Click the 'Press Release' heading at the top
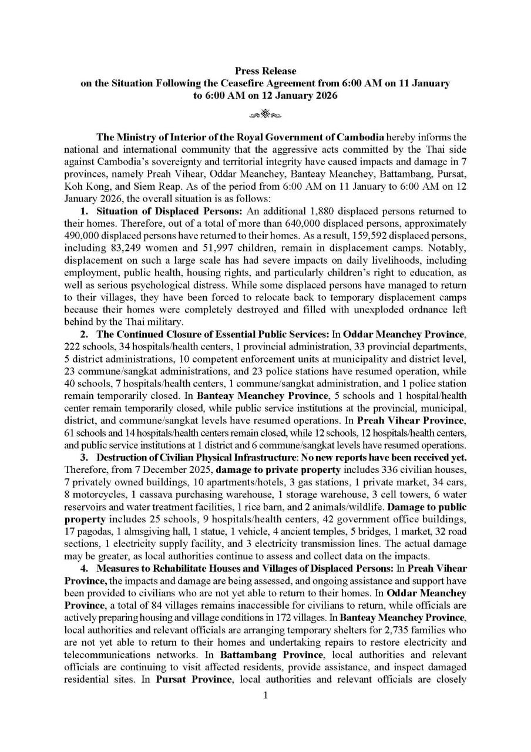tap(265, 71)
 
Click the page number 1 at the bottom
tap(265, 696)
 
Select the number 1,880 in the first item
tap(320, 211)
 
